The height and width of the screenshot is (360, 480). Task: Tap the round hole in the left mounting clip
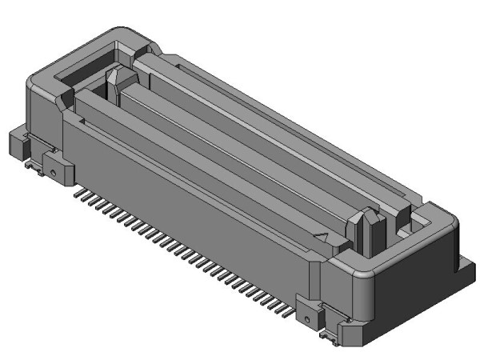pyautogui.click(x=50, y=170)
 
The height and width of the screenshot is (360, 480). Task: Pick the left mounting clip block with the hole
pyautogui.click(x=56, y=168)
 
